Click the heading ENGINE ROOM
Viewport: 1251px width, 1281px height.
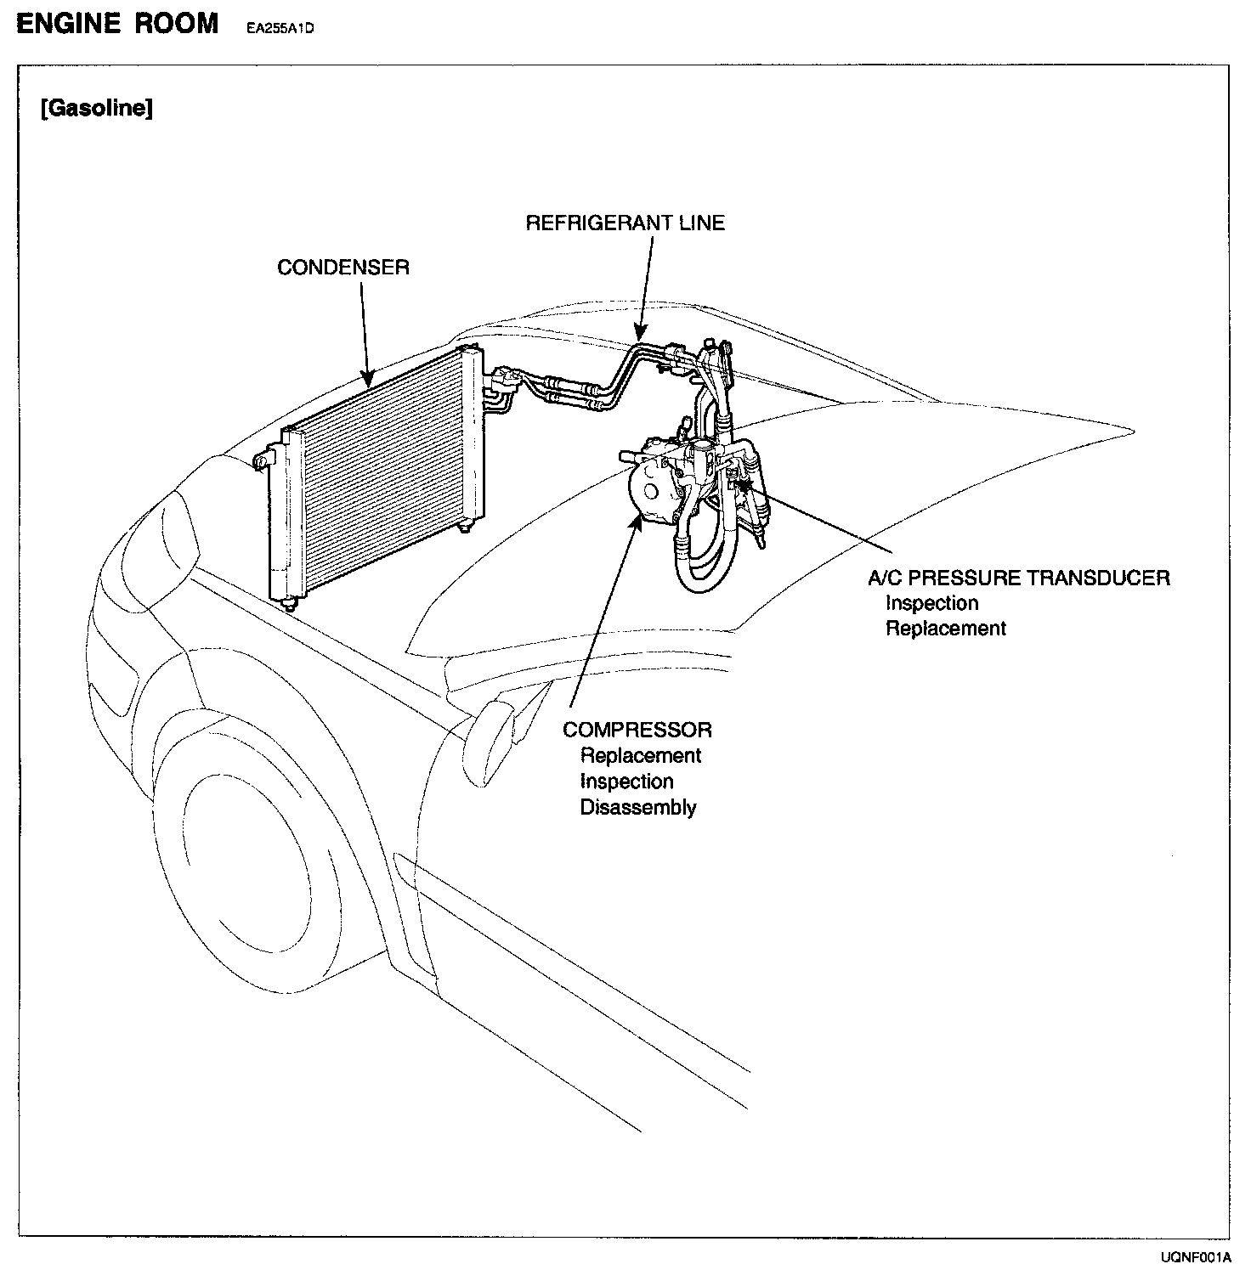pyautogui.click(x=117, y=23)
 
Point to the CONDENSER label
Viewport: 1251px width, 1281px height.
pyautogui.click(x=343, y=268)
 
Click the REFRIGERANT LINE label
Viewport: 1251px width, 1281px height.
pyautogui.click(x=625, y=223)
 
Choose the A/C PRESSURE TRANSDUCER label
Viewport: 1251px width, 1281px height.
pyautogui.click(x=1018, y=578)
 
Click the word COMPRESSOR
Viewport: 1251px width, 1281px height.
pyautogui.click(x=637, y=730)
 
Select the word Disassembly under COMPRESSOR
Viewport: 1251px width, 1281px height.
pyautogui.click(x=637, y=807)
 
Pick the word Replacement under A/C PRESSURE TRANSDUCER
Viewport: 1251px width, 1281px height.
pyautogui.click(x=945, y=629)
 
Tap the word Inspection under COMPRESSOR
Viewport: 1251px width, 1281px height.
pyautogui.click(x=626, y=782)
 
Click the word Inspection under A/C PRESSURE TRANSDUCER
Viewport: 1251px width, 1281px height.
pyautogui.click(x=931, y=603)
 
